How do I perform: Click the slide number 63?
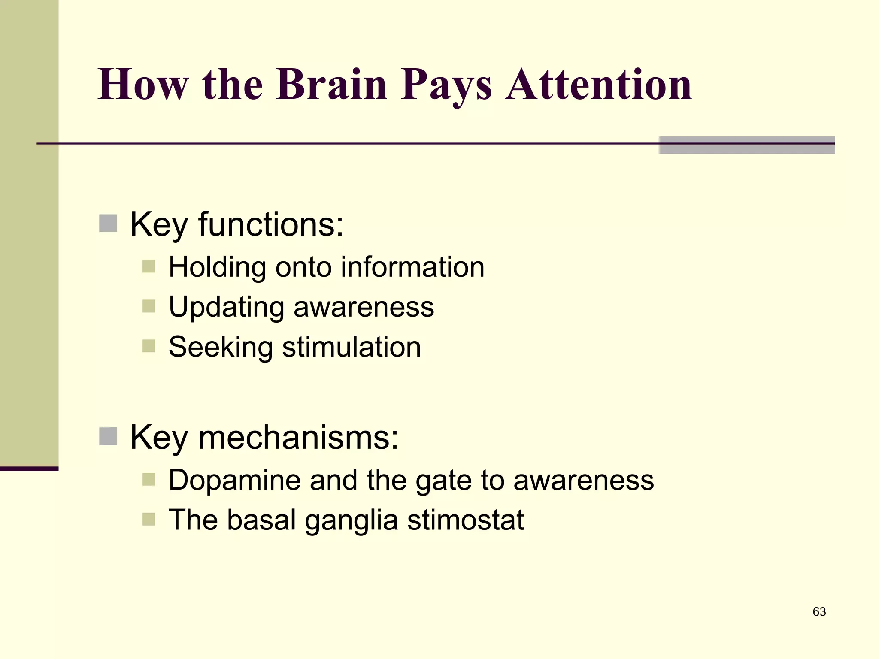tap(819, 611)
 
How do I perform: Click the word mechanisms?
tap(299, 437)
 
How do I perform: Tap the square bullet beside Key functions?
tap(108, 224)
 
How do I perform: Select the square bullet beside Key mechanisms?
tap(108, 436)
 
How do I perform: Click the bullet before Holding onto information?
tap(149, 266)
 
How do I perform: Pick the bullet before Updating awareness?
tap(149, 306)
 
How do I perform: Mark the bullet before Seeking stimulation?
tap(149, 346)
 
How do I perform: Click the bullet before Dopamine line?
tap(149, 479)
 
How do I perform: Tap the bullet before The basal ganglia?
tap(149, 519)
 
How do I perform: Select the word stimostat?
tap(465, 520)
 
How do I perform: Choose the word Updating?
tap(226, 308)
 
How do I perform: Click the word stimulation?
tap(351, 347)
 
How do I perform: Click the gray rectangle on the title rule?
tap(747, 145)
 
